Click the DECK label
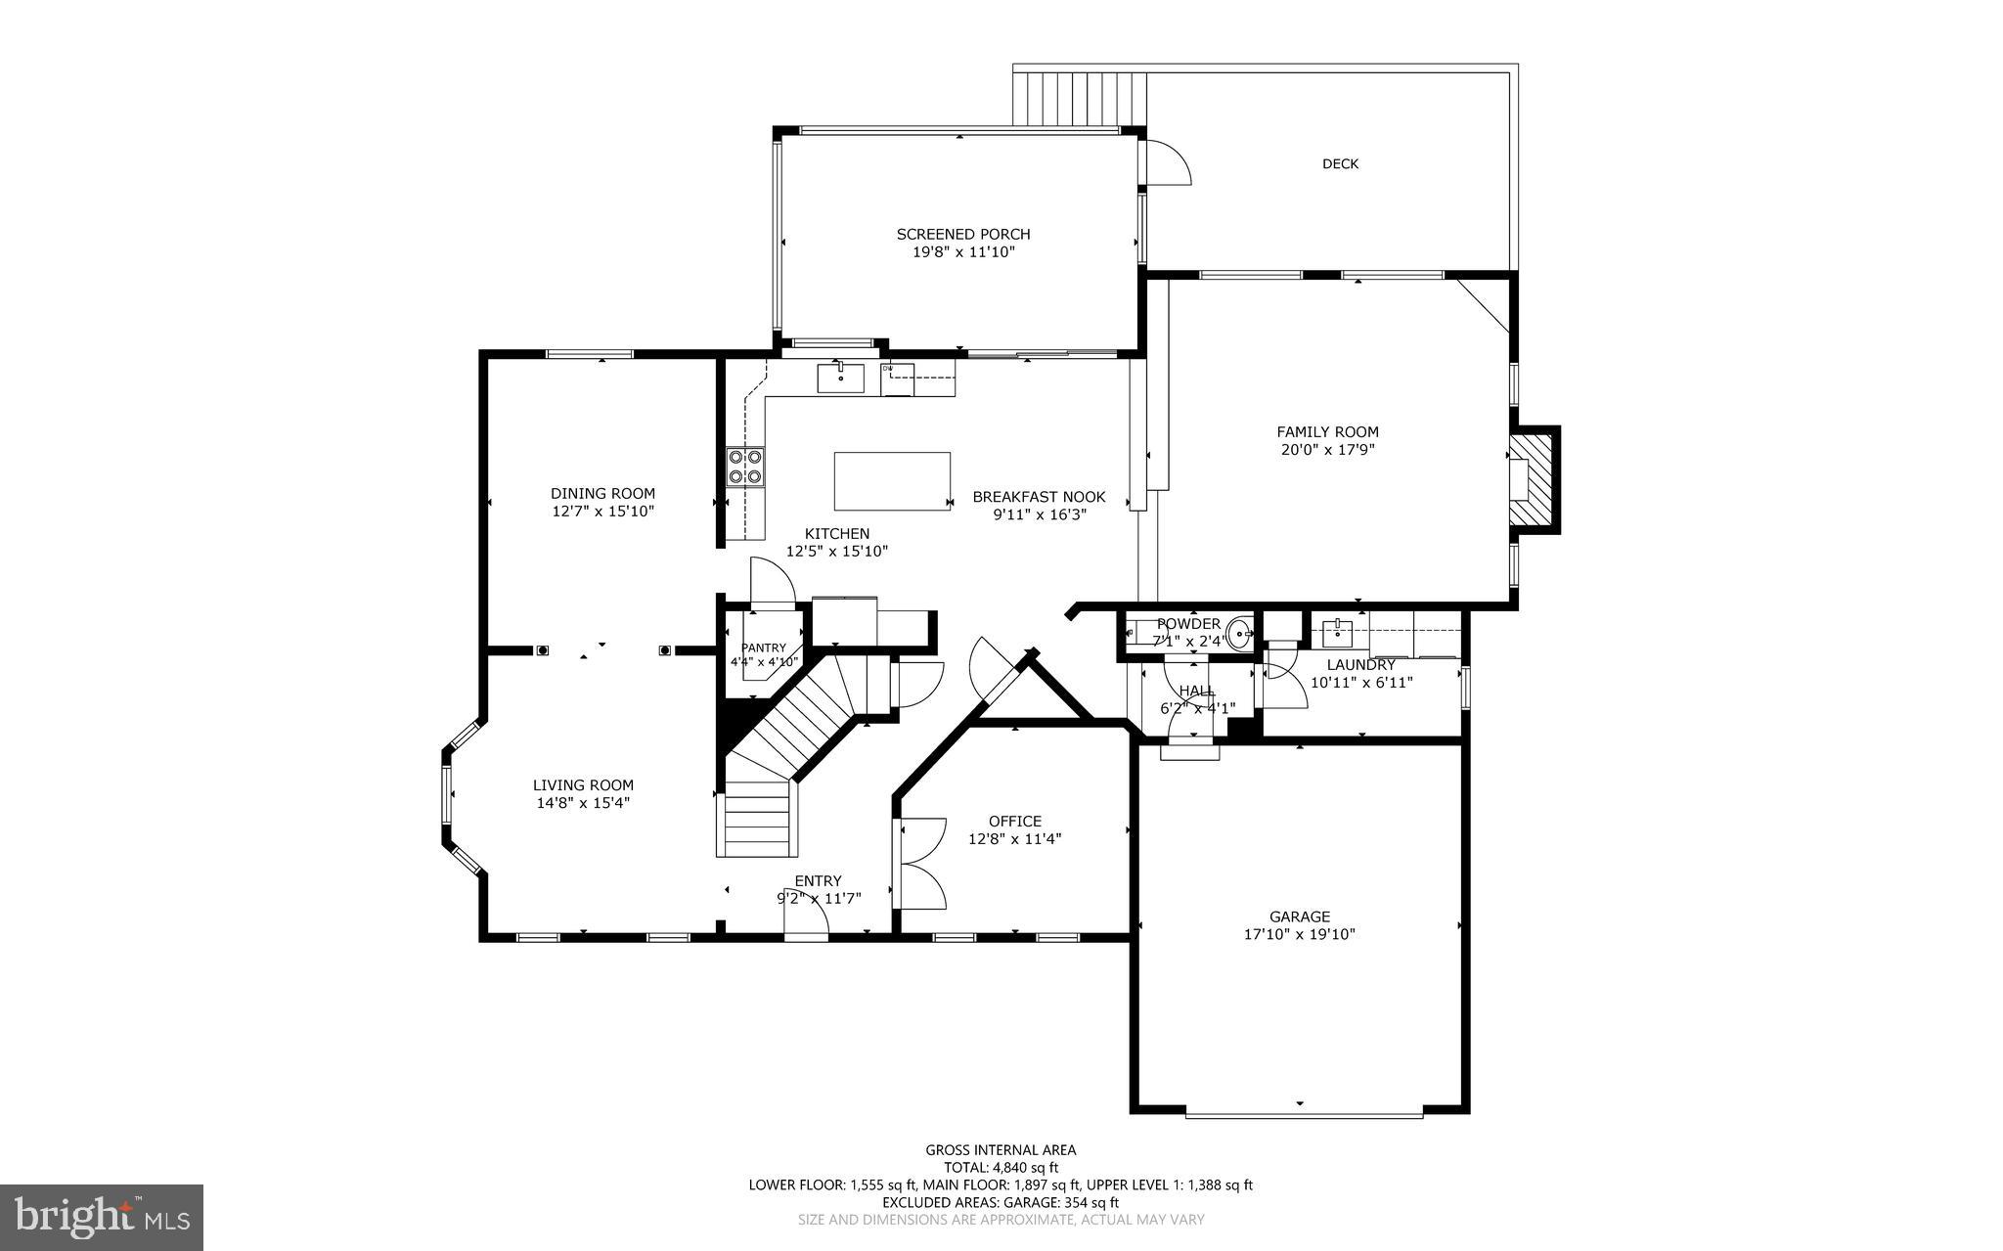(x=1340, y=164)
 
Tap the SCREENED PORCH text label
(x=962, y=235)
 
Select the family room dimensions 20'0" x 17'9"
(x=1327, y=450)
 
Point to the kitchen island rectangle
(x=892, y=480)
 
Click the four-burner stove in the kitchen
(x=745, y=467)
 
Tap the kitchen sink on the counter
(x=840, y=377)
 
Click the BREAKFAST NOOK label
(x=1039, y=497)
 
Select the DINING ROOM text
(x=602, y=494)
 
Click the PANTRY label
(x=763, y=648)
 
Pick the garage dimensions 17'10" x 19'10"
(x=1299, y=934)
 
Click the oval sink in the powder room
(x=1240, y=633)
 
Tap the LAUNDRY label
(x=1360, y=665)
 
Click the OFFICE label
(x=1014, y=822)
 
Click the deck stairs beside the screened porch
(x=1081, y=98)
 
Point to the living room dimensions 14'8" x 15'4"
(x=583, y=803)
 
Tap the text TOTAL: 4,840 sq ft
(x=1001, y=1167)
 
